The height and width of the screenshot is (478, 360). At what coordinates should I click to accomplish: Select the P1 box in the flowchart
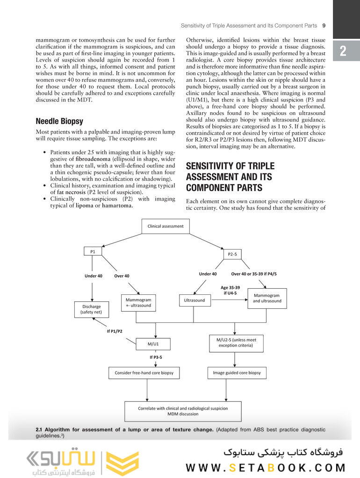coord(93,251)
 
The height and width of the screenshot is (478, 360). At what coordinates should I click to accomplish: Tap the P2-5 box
coord(232,254)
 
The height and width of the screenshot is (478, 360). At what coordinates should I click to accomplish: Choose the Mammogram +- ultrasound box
coord(138,302)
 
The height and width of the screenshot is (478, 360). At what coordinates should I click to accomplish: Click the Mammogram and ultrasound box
coord(267,298)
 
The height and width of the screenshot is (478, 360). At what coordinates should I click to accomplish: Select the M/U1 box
coord(153,344)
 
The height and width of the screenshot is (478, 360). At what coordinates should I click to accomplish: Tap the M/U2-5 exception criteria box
coord(236,342)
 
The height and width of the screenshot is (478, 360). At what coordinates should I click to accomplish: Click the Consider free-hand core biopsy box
coord(147,373)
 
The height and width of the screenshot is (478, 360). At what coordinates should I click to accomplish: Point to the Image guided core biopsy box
coord(237,373)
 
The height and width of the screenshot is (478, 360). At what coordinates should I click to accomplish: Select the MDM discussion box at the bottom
coord(183,411)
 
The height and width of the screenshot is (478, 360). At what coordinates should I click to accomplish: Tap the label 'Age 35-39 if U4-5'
coord(230,290)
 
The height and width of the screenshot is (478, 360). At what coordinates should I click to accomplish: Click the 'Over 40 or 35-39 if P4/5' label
coord(254,274)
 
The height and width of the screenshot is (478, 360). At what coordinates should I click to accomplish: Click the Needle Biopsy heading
coord(59,121)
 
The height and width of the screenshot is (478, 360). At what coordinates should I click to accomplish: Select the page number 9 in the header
coord(324,25)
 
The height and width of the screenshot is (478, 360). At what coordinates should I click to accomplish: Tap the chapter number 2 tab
coord(343,51)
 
